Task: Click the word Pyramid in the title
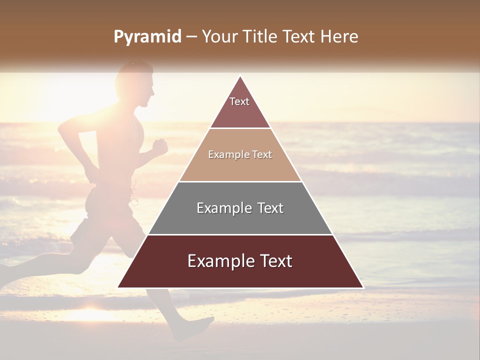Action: pyautogui.click(x=147, y=37)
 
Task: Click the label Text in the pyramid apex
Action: pyautogui.click(x=239, y=101)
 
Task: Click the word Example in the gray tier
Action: pyautogui.click(x=219, y=208)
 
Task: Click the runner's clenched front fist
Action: pyautogui.click(x=160, y=146)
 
